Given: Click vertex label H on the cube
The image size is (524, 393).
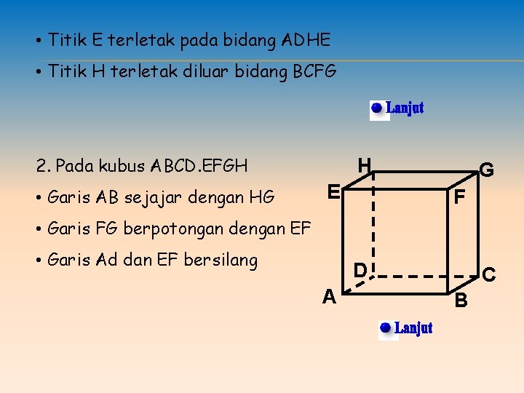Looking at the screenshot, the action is click(365, 165).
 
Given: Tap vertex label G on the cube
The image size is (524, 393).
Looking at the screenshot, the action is click(487, 170).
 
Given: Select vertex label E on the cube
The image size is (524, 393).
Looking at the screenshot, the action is click(333, 193).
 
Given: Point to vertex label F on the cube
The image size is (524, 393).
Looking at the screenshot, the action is click(459, 197).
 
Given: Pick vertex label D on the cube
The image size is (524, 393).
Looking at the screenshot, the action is click(360, 271).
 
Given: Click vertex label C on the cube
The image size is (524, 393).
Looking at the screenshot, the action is click(489, 274).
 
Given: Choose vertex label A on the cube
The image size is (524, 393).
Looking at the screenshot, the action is click(329, 296).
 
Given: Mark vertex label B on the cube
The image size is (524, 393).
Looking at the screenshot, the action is click(461, 300).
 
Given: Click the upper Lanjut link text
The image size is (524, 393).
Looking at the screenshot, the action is click(405, 108).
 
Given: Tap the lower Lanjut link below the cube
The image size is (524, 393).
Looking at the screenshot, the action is click(413, 328).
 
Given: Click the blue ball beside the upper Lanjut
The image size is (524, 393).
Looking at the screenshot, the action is click(376, 108).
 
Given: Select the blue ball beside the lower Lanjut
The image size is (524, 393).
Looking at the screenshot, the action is click(386, 328).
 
